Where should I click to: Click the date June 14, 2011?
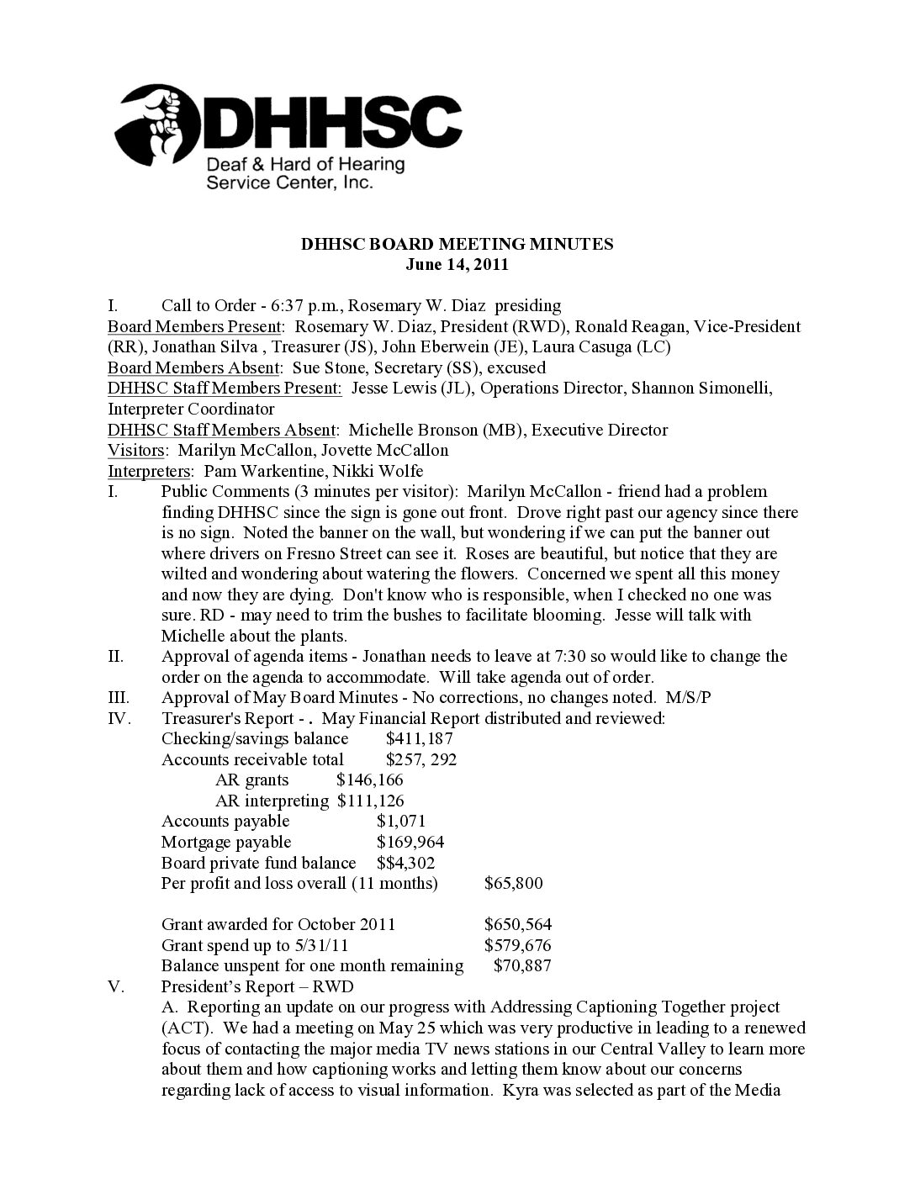(x=457, y=265)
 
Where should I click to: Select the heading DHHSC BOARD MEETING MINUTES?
(x=457, y=245)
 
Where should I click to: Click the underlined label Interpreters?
(x=151, y=471)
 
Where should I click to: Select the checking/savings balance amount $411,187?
(x=420, y=739)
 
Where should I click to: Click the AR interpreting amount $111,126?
(x=370, y=801)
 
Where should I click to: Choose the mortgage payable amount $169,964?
(x=410, y=843)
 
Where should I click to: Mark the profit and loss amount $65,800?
(x=514, y=884)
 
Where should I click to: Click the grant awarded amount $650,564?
(x=518, y=924)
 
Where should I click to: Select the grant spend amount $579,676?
(x=518, y=945)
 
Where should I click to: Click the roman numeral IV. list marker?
(x=119, y=719)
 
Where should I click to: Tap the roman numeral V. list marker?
(x=116, y=986)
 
